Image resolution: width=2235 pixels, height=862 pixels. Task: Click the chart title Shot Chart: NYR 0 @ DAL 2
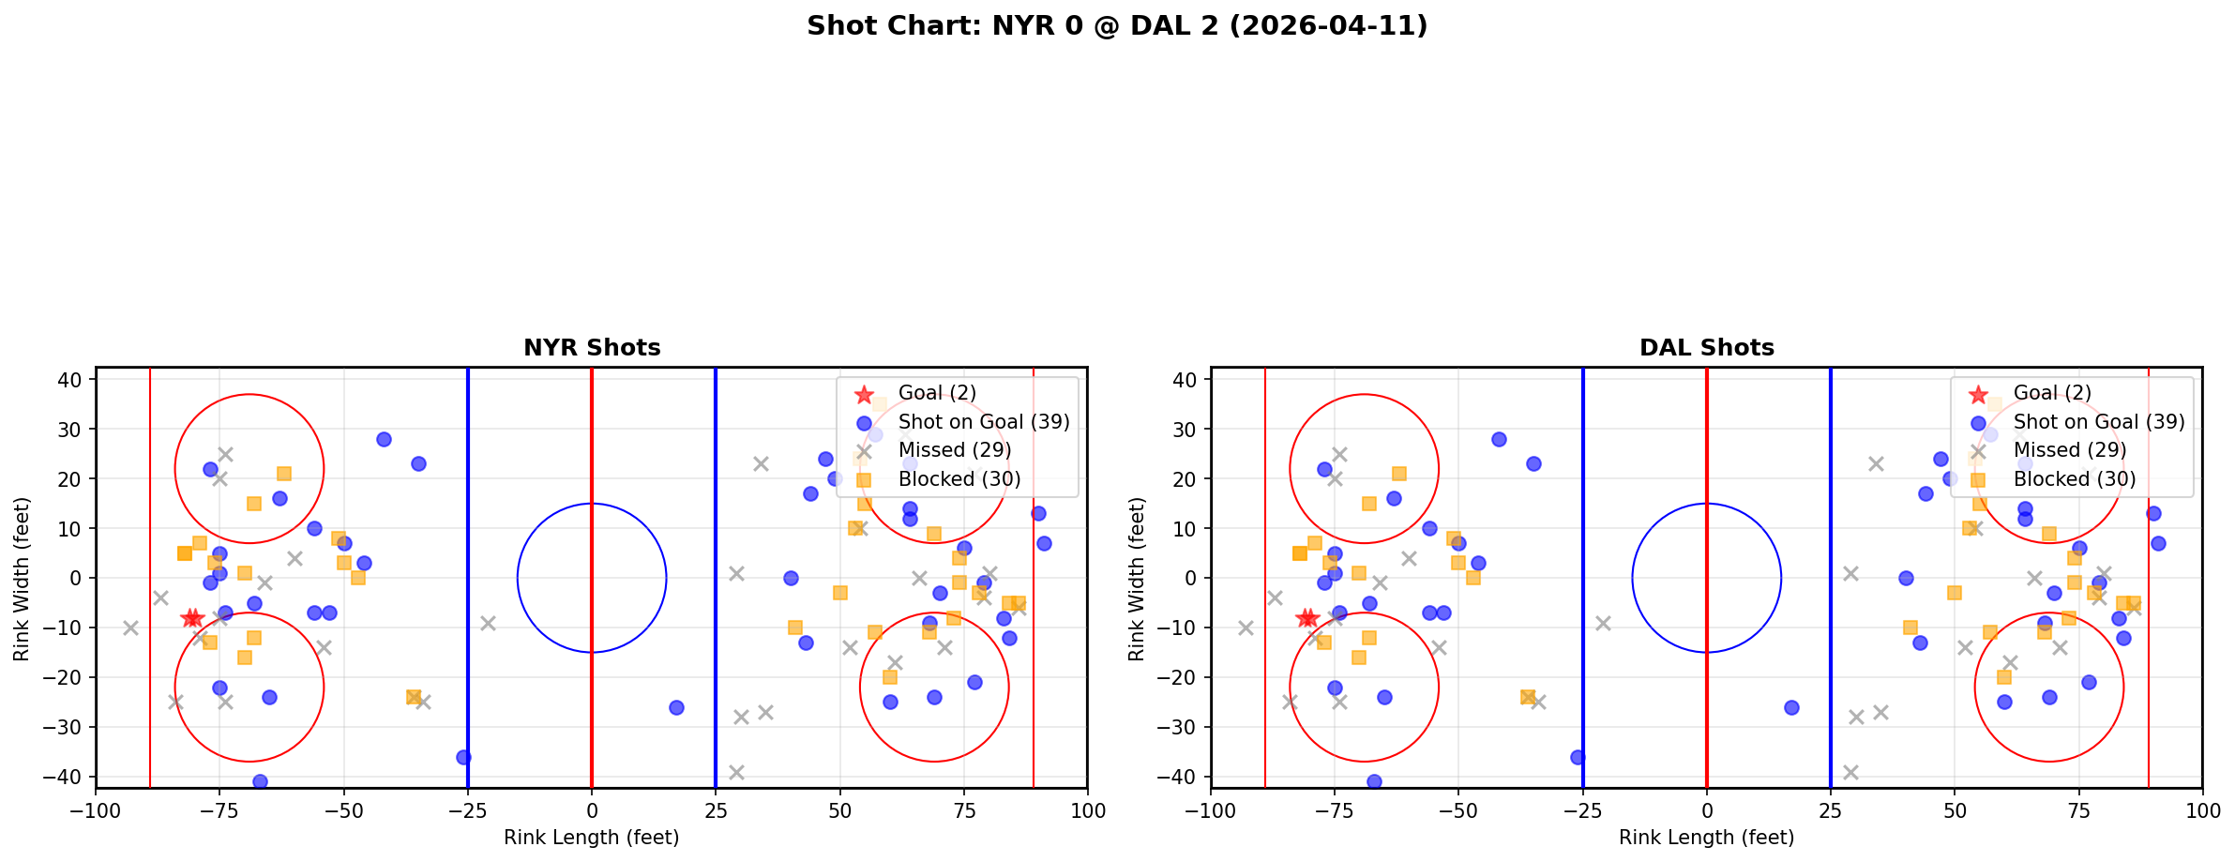coord(1117,26)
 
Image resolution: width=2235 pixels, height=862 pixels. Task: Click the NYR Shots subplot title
coord(592,348)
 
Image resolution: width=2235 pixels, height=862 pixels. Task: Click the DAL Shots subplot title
coord(1706,348)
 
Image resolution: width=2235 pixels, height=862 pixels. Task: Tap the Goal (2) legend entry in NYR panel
coord(937,393)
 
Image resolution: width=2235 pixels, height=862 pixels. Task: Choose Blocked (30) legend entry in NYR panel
coord(959,479)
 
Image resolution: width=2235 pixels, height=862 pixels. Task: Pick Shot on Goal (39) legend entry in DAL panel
coord(2098,422)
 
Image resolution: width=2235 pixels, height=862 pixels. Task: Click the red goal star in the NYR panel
coord(192,618)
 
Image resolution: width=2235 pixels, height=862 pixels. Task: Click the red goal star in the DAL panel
coord(1307,618)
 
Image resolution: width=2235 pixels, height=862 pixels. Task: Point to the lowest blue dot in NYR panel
coord(260,781)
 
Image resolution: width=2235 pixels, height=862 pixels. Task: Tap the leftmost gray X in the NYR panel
coord(130,628)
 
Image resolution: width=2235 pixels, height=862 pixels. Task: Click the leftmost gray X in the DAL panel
coord(1246,628)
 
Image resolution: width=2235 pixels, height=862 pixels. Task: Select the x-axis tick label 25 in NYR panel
coord(716,810)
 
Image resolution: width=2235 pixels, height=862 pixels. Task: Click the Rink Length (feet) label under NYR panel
coord(592,838)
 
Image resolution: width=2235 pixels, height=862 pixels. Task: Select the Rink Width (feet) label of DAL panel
coord(1137,578)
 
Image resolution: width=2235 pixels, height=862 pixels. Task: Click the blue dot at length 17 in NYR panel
coord(676,707)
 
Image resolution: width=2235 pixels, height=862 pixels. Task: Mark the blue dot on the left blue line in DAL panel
coord(1578,757)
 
